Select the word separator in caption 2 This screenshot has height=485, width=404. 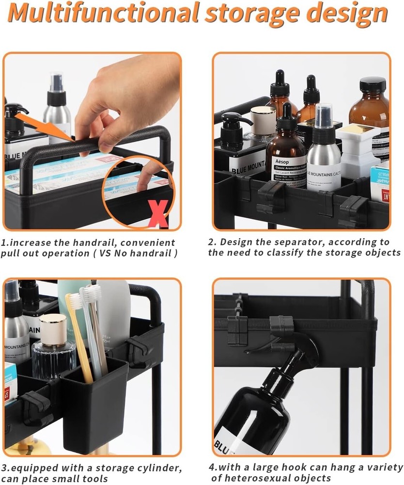[293, 242]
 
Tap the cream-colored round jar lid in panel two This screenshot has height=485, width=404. [263, 116]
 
